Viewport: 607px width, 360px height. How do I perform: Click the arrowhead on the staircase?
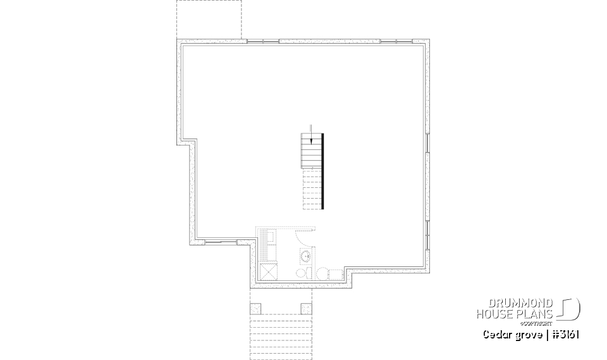(310, 141)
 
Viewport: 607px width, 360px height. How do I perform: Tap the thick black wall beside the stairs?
(323, 171)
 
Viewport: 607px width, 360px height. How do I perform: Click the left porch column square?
(256, 309)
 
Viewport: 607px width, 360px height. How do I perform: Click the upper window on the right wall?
(427, 143)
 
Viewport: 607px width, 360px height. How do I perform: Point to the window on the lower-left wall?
(215, 242)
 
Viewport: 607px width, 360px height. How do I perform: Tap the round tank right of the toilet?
(322, 274)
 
